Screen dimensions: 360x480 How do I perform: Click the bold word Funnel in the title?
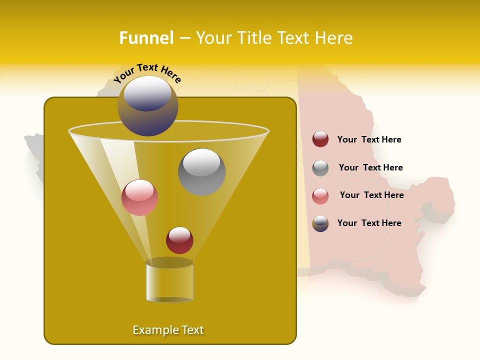pyautogui.click(x=146, y=38)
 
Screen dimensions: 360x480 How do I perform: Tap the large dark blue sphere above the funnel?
pyautogui.click(x=147, y=106)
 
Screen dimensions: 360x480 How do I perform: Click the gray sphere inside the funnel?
pyautogui.click(x=202, y=172)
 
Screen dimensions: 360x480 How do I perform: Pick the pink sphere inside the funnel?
pyautogui.click(x=139, y=197)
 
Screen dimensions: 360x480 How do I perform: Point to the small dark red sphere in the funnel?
pyautogui.click(x=179, y=240)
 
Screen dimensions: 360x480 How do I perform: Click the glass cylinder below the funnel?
pyautogui.click(x=169, y=281)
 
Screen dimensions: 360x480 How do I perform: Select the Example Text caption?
pyautogui.click(x=168, y=330)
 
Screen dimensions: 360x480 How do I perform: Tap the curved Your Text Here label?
pyautogui.click(x=147, y=73)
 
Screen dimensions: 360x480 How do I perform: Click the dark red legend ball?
pyautogui.click(x=320, y=139)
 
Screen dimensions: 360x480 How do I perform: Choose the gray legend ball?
pyautogui.click(x=320, y=168)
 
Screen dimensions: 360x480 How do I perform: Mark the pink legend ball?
pyautogui.click(x=320, y=196)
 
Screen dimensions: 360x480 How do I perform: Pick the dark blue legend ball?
pyautogui.click(x=320, y=223)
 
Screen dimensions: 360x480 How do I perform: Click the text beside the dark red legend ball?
pyautogui.click(x=369, y=140)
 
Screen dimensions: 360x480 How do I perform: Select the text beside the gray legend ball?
pyautogui.click(x=370, y=168)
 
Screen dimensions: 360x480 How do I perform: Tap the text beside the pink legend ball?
pyautogui.click(x=371, y=195)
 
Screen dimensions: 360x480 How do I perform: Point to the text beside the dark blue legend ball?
pyautogui.click(x=369, y=223)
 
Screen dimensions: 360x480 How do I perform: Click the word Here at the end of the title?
pyautogui.click(x=335, y=38)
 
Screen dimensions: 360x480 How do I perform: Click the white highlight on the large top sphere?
pyautogui.click(x=147, y=93)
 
